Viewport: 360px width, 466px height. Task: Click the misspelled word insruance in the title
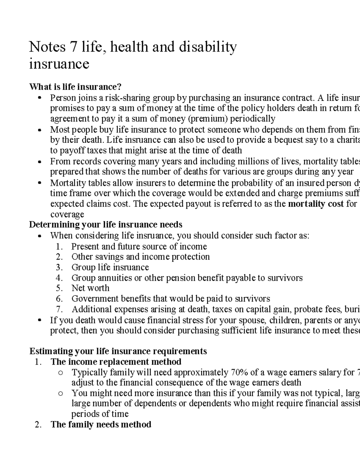pyautogui.click(x=59, y=64)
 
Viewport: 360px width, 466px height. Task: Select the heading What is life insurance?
pyautogui.click(x=75, y=87)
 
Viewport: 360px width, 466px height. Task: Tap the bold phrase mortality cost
pyautogui.click(x=316, y=204)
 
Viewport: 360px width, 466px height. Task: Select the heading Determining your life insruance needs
pyautogui.click(x=106, y=225)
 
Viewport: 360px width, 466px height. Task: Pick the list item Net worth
pyautogui.click(x=90, y=288)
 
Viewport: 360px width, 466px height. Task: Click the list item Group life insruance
pyautogui.click(x=110, y=267)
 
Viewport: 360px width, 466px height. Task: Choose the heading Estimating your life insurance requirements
pyautogui.click(x=118, y=351)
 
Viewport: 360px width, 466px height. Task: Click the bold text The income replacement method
pyautogui.click(x=116, y=362)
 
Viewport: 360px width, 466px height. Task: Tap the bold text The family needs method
pyautogui.click(x=101, y=425)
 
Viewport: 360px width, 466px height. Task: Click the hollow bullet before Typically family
pyautogui.click(x=61, y=373)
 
